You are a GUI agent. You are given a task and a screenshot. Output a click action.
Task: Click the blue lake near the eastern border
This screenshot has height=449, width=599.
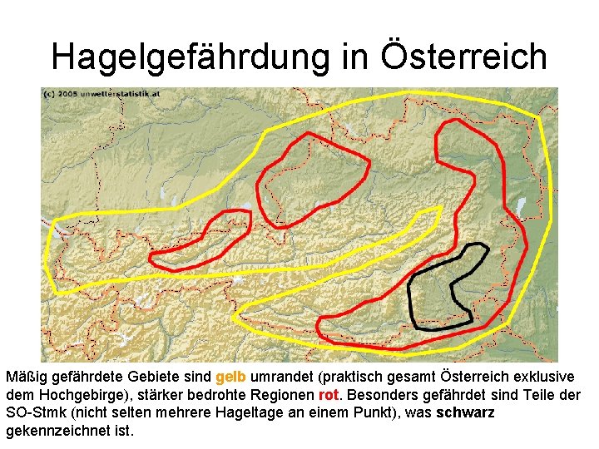coord(522,205)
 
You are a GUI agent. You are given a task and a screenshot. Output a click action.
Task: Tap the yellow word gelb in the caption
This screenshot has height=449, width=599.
coord(230,377)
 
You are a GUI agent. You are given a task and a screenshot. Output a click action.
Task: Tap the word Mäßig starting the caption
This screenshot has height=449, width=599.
coord(24,377)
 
